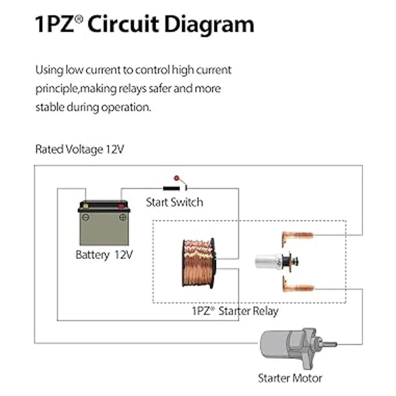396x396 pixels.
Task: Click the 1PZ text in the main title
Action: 54,25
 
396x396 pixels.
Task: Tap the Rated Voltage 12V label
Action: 80,149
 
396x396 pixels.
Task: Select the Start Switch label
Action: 174,202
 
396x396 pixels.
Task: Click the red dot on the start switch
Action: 176,178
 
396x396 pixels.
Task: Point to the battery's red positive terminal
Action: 121,206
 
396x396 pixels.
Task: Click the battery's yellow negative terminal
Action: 85,206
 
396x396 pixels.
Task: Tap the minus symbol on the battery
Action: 85,217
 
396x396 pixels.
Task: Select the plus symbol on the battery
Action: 122,217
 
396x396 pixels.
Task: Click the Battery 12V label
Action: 104,255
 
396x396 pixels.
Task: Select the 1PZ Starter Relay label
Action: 235,311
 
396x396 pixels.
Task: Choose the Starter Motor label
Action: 290,378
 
